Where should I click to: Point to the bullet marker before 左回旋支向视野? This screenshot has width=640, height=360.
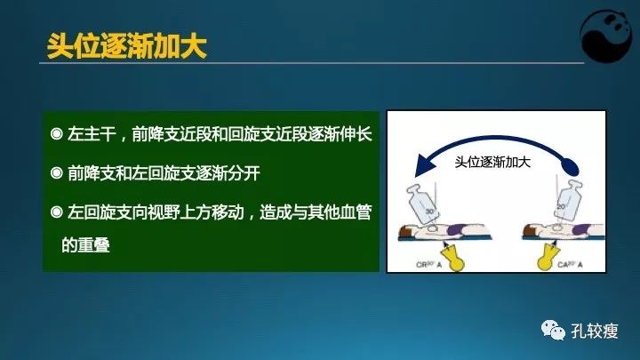[x=56, y=212]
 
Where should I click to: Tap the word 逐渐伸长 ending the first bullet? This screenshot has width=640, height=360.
[x=339, y=135]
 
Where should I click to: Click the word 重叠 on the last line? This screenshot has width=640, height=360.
[x=94, y=244]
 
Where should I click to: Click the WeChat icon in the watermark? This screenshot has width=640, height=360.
[x=553, y=330]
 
